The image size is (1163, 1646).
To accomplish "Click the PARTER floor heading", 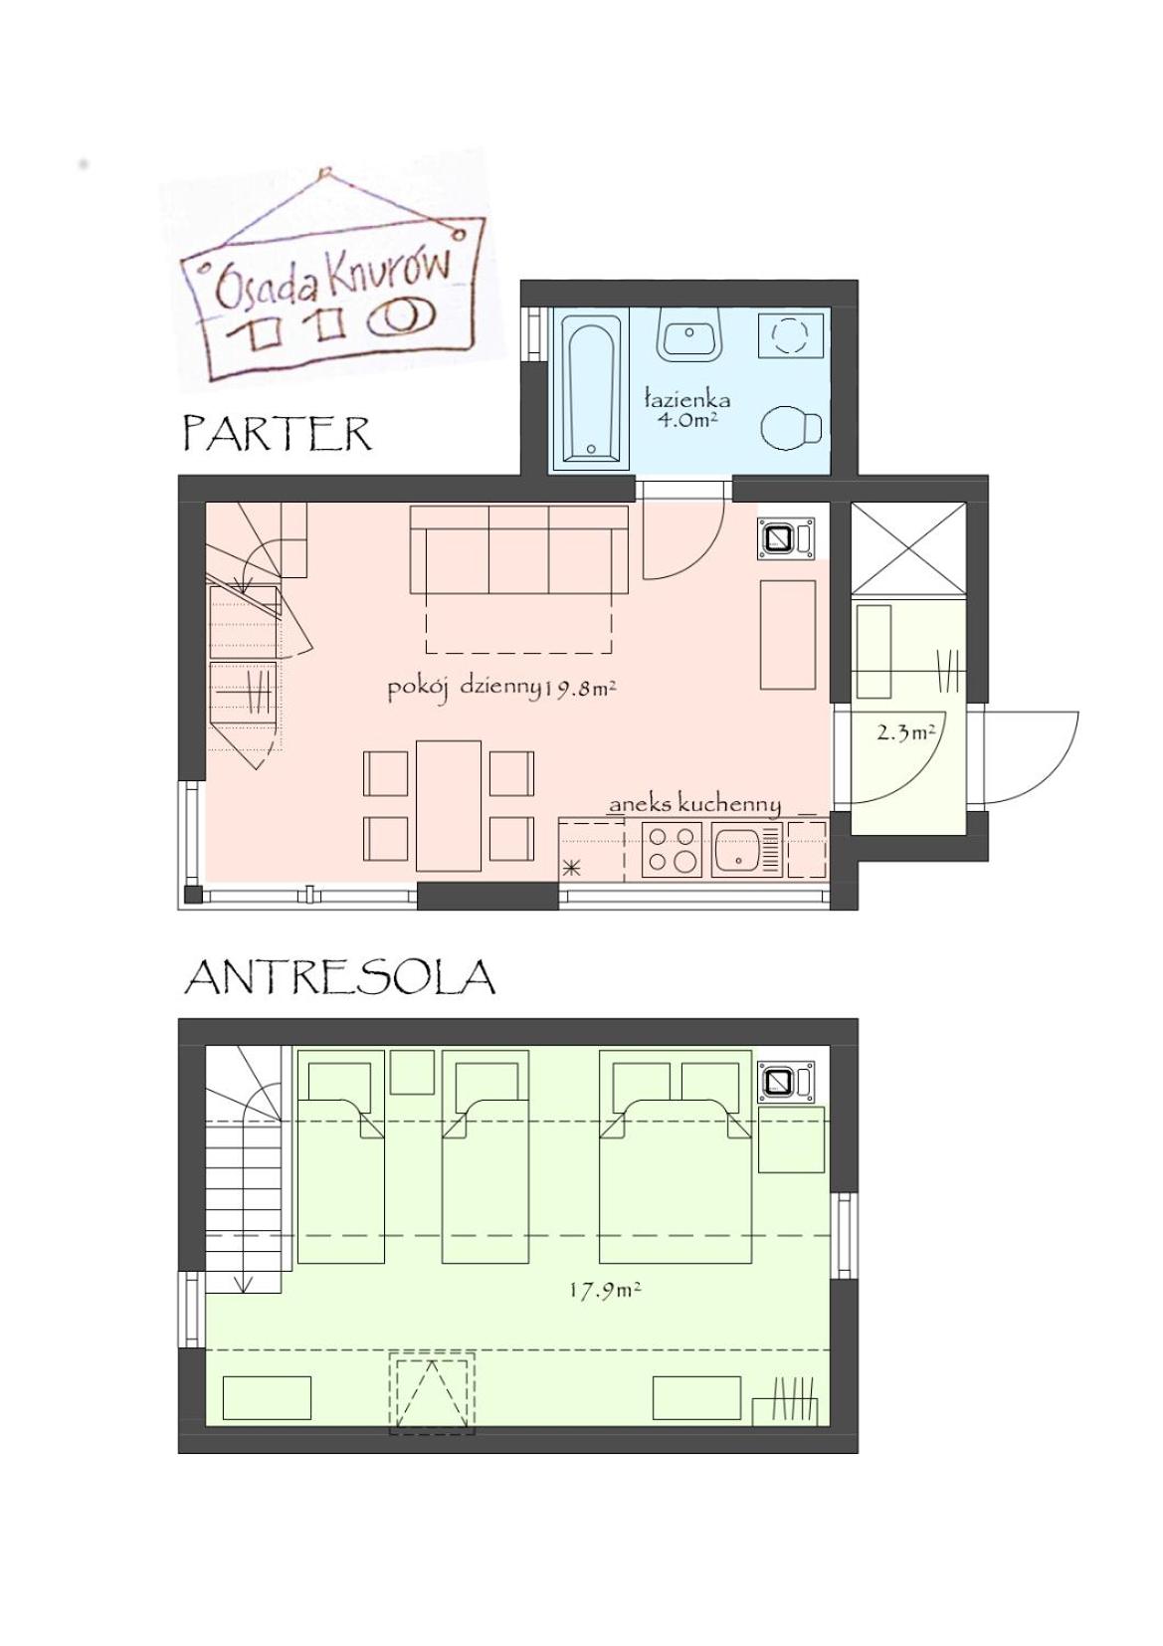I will [x=277, y=434].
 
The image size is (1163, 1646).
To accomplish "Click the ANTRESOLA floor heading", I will [x=339, y=977].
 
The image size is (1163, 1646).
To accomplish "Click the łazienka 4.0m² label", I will [x=686, y=409].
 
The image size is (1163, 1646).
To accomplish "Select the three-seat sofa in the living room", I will [x=518, y=549].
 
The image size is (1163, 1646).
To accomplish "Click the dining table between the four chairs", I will [x=449, y=804].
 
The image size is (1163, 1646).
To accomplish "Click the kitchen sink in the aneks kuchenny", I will [x=737, y=849].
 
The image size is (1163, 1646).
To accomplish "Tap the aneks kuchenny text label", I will [x=694, y=804].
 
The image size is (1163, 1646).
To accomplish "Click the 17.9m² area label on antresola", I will [x=604, y=1290].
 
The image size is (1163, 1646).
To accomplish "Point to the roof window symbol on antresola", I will [x=432, y=1392].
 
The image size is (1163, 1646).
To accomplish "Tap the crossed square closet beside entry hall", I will [x=908, y=548].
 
